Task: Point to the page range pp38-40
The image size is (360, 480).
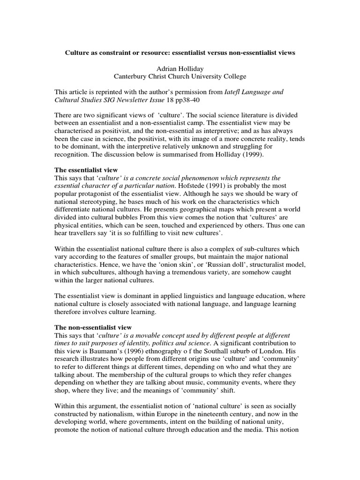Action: click(x=179, y=101)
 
